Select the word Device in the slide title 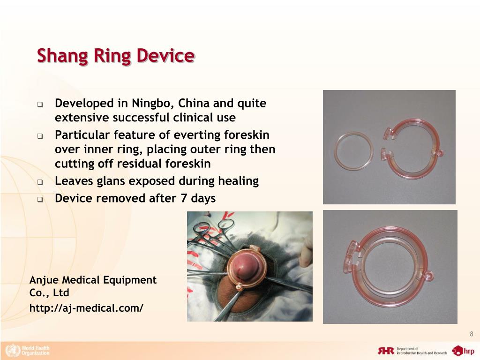pos(165,56)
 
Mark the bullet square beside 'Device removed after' pos(40,199)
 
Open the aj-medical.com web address pos(86,308)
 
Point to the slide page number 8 pos(472,334)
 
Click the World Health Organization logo pos(27,350)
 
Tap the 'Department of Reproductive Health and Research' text pos(420,351)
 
